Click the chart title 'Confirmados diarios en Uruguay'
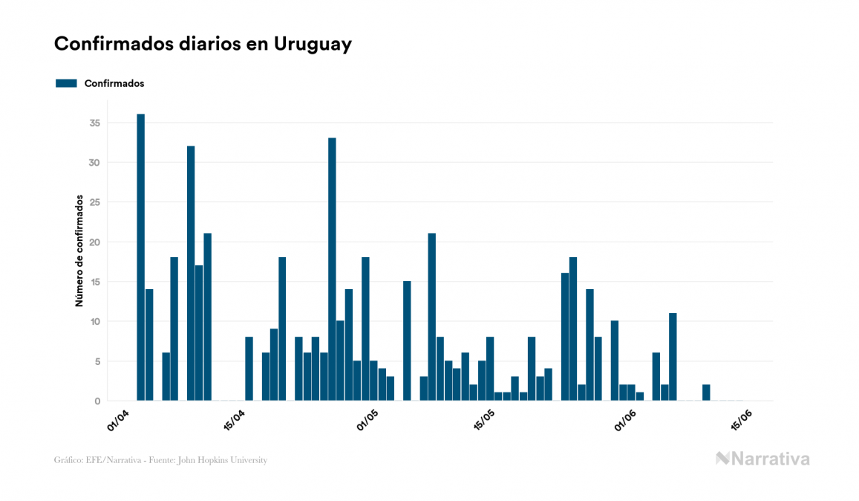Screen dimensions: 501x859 (203, 44)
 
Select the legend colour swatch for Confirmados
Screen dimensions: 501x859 (66, 83)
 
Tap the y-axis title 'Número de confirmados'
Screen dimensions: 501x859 (78, 251)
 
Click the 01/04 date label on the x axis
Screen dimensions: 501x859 (119, 419)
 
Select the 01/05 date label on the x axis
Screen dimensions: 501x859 (368, 419)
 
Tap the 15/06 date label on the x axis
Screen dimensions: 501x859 (742, 419)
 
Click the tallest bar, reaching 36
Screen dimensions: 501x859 (140, 257)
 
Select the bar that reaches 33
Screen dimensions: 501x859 (332, 269)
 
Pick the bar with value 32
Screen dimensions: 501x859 (191, 273)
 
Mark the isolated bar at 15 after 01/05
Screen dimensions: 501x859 (407, 340)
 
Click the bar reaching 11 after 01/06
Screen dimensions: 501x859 (673, 357)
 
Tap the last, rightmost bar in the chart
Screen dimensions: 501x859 (706, 392)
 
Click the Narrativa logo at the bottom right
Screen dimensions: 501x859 (762, 459)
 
